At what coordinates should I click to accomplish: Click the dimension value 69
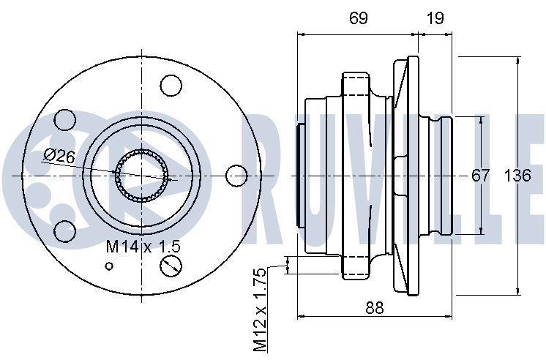[x=359, y=18]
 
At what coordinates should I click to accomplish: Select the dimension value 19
[x=435, y=18]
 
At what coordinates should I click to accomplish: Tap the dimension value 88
[x=374, y=308]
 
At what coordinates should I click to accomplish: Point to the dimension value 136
[x=517, y=176]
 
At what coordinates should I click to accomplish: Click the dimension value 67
[x=481, y=176]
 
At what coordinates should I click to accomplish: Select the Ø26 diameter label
[x=59, y=156]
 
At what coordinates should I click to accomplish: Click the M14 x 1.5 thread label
[x=143, y=247]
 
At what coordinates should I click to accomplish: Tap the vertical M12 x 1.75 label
[x=260, y=310]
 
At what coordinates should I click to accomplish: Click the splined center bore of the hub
[x=141, y=176]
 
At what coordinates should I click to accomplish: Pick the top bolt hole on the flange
[x=171, y=86]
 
